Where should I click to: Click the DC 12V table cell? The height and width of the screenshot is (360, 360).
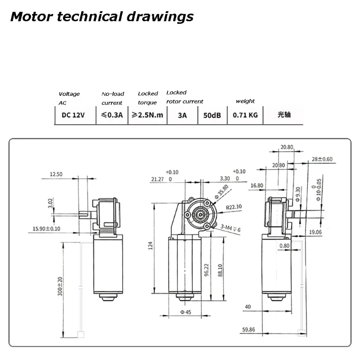[x=73, y=115]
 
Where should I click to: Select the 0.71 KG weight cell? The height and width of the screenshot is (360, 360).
[x=245, y=115]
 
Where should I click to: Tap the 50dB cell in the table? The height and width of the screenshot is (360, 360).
[x=212, y=115]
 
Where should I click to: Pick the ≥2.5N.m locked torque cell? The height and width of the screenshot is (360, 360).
[x=148, y=115]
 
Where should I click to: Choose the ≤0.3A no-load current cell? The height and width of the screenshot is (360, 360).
[x=112, y=115]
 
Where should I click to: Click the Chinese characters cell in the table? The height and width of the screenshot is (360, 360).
[x=284, y=115]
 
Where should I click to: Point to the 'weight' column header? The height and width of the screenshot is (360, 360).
[x=245, y=101]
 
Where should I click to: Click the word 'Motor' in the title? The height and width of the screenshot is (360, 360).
[x=31, y=17]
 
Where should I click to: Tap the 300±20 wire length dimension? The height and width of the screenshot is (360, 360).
[x=60, y=286]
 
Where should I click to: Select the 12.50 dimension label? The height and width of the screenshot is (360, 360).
[x=56, y=174]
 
